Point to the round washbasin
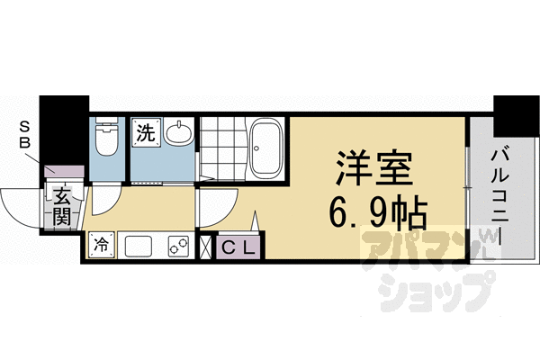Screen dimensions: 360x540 click(178, 135)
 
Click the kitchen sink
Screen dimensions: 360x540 click(140, 245)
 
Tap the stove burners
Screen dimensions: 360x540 click(176, 245)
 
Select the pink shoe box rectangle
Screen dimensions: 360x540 click(64, 171)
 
